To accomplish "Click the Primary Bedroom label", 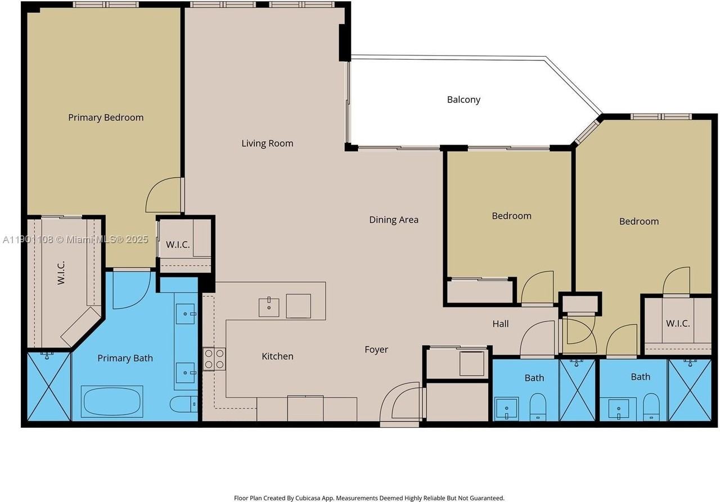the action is tap(106, 117).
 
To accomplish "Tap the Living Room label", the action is tap(267, 143).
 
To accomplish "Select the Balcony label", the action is tap(463, 100).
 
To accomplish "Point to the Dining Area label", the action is tap(394, 220).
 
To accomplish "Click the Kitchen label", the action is tap(277, 356).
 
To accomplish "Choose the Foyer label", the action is tap(376, 350).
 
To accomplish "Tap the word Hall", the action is tap(501, 324).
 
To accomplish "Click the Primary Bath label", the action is tap(125, 358).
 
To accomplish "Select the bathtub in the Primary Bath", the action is tap(112, 401).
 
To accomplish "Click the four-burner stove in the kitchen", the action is tap(214, 359).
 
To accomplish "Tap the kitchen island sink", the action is tap(269, 307).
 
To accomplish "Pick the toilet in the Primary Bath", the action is tap(183, 404).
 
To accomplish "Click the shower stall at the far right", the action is tap(690, 390).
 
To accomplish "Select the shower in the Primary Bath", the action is tap(49, 386).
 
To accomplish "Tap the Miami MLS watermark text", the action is tap(75, 239).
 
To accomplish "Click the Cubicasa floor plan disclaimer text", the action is tap(369, 498).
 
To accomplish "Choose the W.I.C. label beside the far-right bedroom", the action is tap(678, 323).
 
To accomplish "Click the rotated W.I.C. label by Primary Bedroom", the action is tap(61, 273).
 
